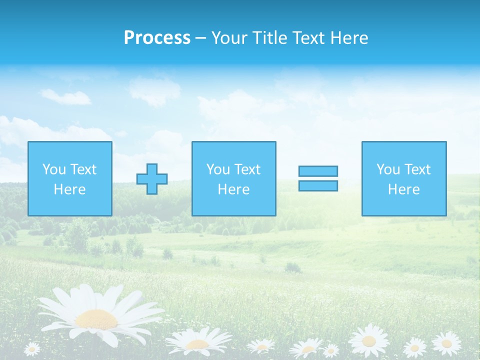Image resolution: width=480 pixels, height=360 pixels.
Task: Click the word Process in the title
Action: [x=157, y=38]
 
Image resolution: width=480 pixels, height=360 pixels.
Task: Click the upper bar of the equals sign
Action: [x=318, y=171]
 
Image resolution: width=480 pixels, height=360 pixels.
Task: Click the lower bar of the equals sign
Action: [x=318, y=185]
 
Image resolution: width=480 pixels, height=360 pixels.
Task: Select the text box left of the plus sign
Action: [x=70, y=178]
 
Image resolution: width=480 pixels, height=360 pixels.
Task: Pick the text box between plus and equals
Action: [x=233, y=178]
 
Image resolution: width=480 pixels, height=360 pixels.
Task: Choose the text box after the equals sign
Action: [x=404, y=178]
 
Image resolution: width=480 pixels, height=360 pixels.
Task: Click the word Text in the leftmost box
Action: [x=83, y=169]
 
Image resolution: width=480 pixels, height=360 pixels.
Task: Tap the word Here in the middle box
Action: [x=233, y=189]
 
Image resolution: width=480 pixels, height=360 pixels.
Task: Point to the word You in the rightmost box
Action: [x=388, y=169]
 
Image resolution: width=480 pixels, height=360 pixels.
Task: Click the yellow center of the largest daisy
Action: [x=96, y=318]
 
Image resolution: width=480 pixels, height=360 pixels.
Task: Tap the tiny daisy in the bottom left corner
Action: [x=31, y=348]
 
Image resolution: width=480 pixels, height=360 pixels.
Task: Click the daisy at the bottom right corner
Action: [x=446, y=344]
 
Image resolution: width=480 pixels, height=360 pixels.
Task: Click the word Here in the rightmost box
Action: [x=404, y=189]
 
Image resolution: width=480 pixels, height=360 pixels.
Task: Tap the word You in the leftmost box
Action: [x=54, y=169]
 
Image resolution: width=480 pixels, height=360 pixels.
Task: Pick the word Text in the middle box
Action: [x=247, y=169]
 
